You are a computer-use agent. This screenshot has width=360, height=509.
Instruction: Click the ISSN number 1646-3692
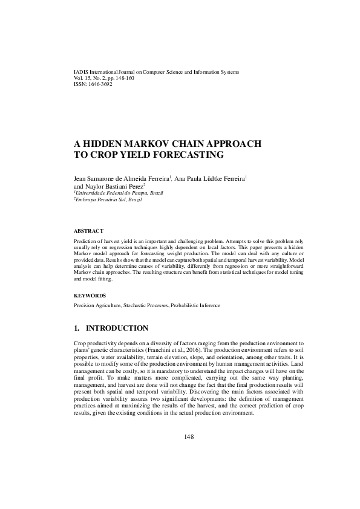100,85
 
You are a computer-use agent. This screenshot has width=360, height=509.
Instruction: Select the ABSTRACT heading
88,231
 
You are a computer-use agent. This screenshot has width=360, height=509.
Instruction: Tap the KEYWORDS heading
90,296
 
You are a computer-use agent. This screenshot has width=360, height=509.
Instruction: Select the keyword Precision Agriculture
98,306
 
